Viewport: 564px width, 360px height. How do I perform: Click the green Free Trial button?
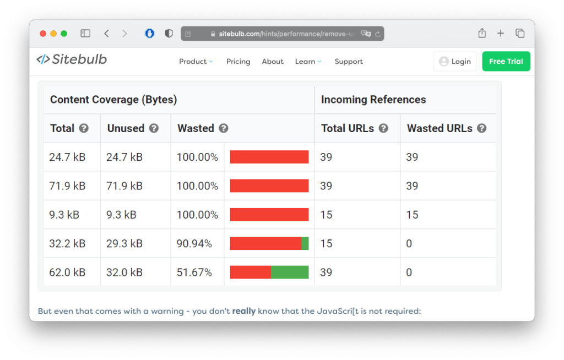(x=506, y=62)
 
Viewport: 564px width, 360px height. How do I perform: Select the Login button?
(x=454, y=62)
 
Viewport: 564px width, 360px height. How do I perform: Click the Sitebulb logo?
(x=72, y=59)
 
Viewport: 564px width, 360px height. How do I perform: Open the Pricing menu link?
(x=238, y=62)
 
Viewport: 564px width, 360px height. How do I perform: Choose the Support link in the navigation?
(x=349, y=62)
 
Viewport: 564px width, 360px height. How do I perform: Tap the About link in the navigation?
(x=273, y=62)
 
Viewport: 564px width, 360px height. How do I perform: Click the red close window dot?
(x=43, y=34)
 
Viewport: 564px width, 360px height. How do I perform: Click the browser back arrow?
(x=106, y=34)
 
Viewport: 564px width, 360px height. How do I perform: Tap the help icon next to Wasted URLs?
(x=481, y=128)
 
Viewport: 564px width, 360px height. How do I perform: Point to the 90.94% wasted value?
(x=194, y=243)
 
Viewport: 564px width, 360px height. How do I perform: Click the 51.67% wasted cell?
(x=194, y=272)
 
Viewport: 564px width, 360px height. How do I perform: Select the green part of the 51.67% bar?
(x=289, y=272)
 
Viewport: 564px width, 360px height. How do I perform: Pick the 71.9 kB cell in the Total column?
(x=67, y=186)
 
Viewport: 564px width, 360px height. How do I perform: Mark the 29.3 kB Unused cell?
(x=124, y=243)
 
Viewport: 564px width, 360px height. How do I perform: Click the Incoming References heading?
(x=373, y=100)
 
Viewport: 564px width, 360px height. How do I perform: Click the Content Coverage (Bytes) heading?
(x=113, y=100)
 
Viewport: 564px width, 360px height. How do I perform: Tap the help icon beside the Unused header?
(x=154, y=128)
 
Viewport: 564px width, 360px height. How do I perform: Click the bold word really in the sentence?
(x=243, y=311)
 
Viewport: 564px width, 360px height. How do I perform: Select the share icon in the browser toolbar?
(x=482, y=34)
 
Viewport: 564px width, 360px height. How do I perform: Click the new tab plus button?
(x=501, y=34)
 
